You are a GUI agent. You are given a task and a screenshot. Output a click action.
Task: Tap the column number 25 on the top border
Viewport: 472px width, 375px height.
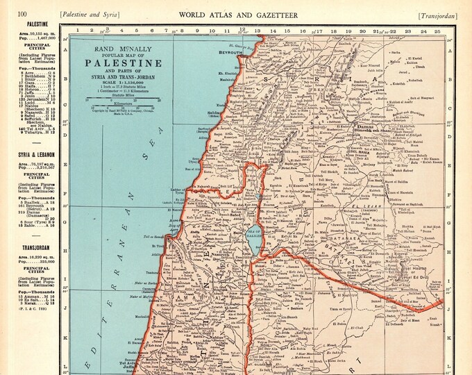click(x=436, y=31)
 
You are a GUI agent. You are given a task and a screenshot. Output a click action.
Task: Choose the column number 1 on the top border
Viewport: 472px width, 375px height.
click(x=78, y=31)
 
